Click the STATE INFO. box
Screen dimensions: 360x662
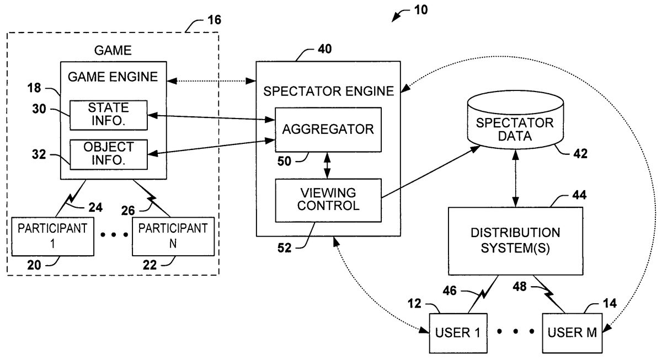108,116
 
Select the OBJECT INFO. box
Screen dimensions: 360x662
108,154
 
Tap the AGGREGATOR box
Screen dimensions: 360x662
328,130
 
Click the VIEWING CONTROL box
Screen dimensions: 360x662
328,199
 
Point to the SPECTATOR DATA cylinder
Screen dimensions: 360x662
516,130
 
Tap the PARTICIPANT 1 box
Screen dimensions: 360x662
52,235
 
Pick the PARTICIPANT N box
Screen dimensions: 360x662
173,235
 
